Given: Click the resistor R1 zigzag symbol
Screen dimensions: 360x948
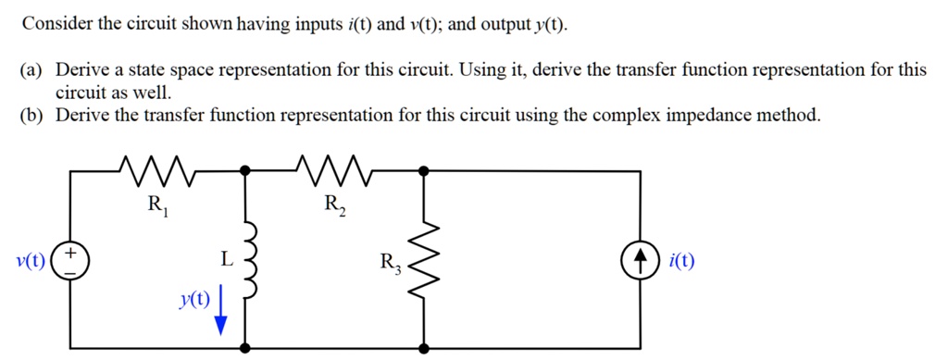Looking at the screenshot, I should click(155, 170).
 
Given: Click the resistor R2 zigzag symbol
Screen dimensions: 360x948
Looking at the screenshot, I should click(334, 170).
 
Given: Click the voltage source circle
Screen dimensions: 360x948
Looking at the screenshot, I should click(70, 260).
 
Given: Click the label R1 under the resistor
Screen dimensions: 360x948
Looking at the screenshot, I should click(156, 206).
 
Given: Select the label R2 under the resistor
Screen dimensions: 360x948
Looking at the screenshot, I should click(335, 206).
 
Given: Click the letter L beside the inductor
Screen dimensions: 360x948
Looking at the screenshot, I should click(226, 261).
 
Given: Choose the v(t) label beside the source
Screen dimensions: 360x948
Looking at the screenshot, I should click(28, 260).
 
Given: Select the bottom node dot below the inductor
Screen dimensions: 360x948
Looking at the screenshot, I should click(244, 348).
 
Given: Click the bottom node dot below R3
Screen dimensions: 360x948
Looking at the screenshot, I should click(423, 348).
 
